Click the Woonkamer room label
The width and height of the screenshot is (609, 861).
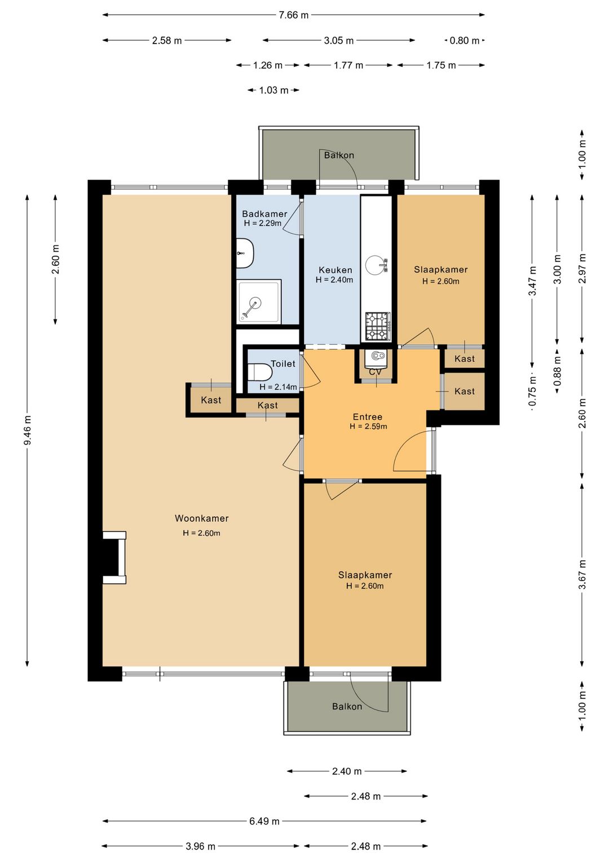(x=202, y=518)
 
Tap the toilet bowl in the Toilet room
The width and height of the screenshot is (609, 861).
(x=260, y=372)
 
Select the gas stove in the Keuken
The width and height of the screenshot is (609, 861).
(x=378, y=326)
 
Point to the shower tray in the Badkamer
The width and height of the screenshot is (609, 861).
(x=259, y=302)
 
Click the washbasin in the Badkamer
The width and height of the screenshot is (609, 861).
(x=244, y=253)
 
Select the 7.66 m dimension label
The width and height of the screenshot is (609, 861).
(x=294, y=15)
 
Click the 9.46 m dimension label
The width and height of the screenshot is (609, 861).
(x=27, y=430)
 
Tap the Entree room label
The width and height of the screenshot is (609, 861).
(x=368, y=416)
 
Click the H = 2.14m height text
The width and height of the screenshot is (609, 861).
(x=278, y=387)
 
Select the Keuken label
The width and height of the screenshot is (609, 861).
(x=336, y=270)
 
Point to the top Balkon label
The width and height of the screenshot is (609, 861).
(x=339, y=155)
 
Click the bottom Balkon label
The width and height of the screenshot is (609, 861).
(x=347, y=706)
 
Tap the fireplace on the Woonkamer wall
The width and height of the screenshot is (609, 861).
(x=114, y=558)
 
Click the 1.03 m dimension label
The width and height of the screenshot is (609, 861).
(x=273, y=90)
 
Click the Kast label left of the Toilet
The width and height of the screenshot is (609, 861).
(x=211, y=400)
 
